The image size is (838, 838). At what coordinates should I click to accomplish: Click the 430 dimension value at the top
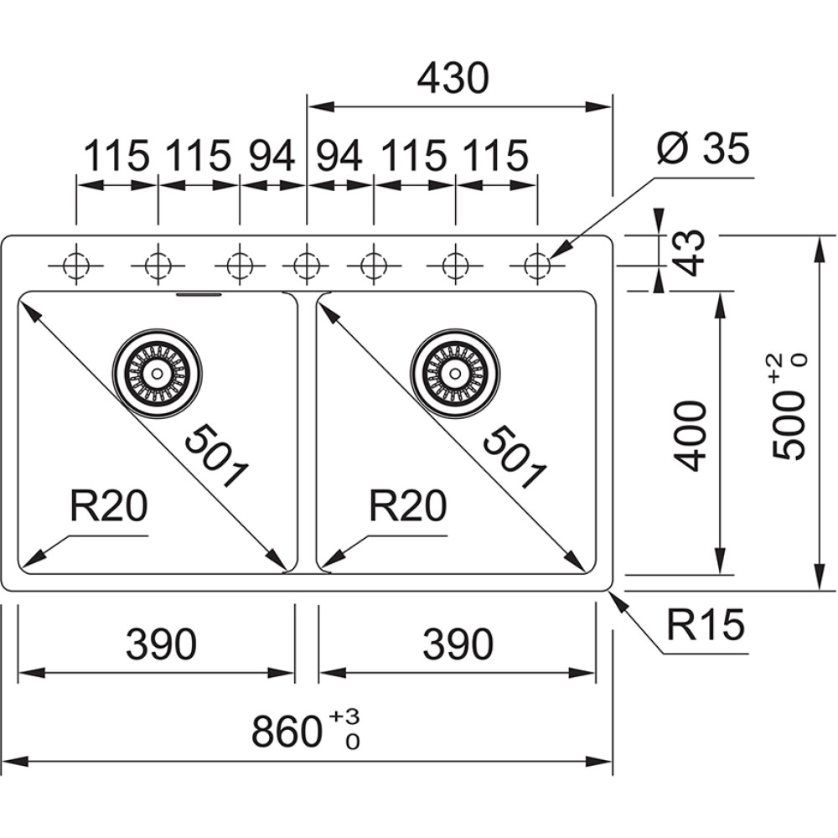coord(453,79)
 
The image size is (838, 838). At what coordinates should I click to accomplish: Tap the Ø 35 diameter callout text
coord(704,150)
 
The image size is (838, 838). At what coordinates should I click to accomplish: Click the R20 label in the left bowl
coord(109,506)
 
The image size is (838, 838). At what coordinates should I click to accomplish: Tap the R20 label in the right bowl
coord(407,506)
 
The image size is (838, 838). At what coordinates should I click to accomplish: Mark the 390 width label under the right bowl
coord(458,644)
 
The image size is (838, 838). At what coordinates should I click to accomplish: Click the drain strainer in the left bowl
coord(158,372)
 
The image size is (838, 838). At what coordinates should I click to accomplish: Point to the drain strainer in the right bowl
coord(456,372)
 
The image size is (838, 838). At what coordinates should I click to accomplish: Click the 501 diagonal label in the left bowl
coord(216,457)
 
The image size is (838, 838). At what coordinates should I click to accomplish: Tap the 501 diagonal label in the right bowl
coord(514,457)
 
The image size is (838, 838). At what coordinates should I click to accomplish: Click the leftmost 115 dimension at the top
coord(116,155)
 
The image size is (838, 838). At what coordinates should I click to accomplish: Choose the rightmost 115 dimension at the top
coord(495,155)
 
